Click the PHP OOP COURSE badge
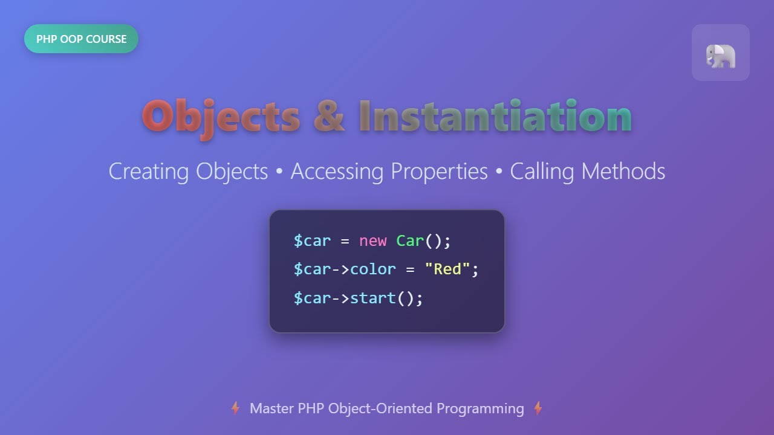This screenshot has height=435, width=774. click(x=81, y=39)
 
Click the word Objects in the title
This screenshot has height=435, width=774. click(x=221, y=117)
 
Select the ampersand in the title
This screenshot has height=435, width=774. click(x=329, y=117)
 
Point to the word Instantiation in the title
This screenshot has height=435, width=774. click(x=495, y=117)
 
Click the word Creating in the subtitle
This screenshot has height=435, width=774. click(x=149, y=172)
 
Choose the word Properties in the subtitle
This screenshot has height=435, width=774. click(x=439, y=172)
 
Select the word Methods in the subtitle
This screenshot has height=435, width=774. click(x=623, y=172)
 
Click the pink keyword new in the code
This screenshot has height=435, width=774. click(x=372, y=241)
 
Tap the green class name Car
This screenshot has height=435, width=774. click(x=410, y=241)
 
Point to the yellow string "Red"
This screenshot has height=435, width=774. click(x=447, y=269)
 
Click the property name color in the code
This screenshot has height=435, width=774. click(x=372, y=269)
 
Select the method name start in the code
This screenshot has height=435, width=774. click(x=372, y=298)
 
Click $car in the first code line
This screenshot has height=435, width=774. click(x=312, y=241)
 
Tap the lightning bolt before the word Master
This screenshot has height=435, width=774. click(x=235, y=409)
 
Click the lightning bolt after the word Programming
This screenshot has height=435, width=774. click(x=538, y=409)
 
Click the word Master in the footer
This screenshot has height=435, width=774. click(x=272, y=409)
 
